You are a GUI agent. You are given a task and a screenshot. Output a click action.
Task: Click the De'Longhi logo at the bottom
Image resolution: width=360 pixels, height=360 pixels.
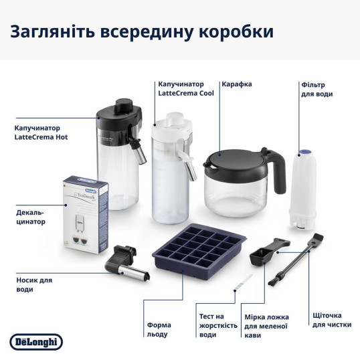[x=36, y=342]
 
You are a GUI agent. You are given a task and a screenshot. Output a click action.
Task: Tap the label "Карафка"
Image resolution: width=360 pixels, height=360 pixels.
[x=237, y=84]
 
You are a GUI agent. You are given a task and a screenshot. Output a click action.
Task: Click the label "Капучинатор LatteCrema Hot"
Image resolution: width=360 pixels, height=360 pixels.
[x=41, y=132]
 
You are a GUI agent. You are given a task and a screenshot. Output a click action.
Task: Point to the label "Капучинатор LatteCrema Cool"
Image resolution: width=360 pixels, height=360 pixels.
[x=185, y=89]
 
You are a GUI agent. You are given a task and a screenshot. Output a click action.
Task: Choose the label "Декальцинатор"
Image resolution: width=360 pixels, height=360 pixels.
[x=31, y=217]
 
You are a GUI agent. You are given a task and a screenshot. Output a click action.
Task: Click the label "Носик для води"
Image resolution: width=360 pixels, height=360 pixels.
[x=33, y=285]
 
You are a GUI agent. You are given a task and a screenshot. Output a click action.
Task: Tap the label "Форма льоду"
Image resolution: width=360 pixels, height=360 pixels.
[x=158, y=329]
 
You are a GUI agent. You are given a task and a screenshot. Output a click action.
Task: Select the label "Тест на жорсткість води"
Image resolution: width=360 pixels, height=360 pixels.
[x=218, y=325]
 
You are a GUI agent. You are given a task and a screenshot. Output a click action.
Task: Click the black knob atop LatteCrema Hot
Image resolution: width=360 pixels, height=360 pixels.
[x=124, y=104]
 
